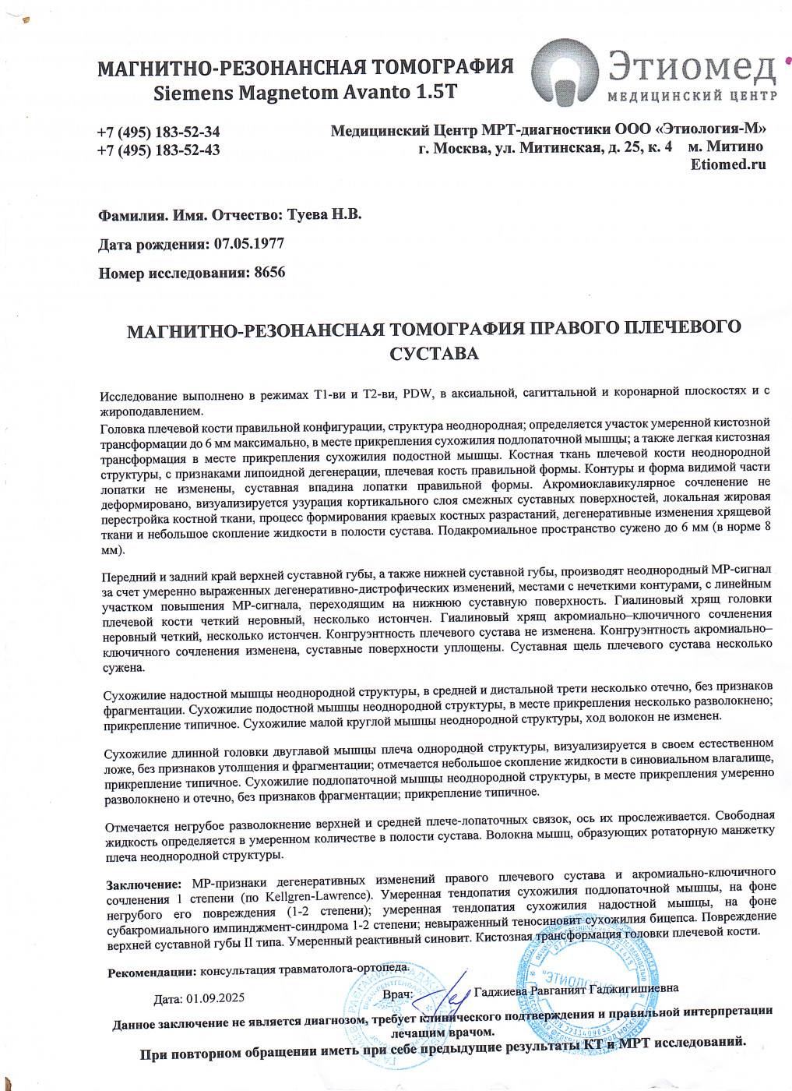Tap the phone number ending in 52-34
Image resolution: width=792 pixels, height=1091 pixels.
tap(158, 132)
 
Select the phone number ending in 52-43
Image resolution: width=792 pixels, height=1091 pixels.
tap(158, 150)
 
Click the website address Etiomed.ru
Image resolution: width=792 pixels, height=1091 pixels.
tap(727, 164)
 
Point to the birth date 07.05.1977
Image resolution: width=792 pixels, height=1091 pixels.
tap(248, 243)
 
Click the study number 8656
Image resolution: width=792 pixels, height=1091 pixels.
tap(269, 273)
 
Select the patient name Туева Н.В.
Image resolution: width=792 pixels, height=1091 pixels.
tap(324, 214)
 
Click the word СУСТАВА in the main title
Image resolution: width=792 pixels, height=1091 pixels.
tap(434, 354)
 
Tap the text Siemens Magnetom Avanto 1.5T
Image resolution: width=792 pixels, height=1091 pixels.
tap(304, 93)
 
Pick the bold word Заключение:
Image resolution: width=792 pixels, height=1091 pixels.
tap(144, 884)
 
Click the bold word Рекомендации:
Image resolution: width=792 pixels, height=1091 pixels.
tap(152, 973)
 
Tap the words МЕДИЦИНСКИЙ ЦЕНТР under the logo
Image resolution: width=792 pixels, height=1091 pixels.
tap(692, 96)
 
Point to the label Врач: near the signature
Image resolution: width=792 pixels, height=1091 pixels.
tap(397, 995)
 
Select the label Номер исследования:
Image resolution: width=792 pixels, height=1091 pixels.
tap(174, 274)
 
